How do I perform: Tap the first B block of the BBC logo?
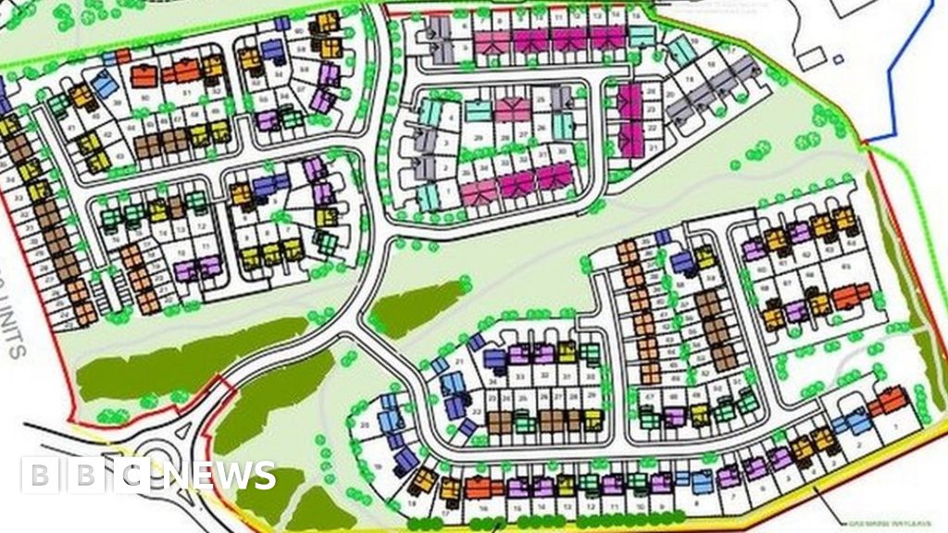[39, 476]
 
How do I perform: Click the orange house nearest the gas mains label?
[889, 402]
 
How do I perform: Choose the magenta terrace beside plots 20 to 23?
[630, 115]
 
